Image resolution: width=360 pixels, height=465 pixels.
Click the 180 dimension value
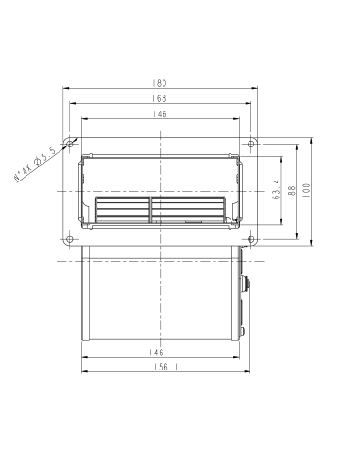[x=160, y=83]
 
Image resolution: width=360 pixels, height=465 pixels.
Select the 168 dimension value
[x=160, y=98]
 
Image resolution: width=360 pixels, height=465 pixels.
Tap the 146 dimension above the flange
[x=160, y=113]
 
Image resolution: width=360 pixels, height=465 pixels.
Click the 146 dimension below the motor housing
[x=157, y=353]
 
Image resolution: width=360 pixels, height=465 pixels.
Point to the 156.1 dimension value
[x=166, y=367]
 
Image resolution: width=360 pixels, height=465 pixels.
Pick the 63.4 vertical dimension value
[x=277, y=190]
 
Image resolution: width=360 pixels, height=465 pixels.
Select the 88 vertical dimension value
[x=292, y=190]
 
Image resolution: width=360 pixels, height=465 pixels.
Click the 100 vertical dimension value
[x=306, y=190]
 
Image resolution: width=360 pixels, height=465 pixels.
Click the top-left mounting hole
[x=70, y=145]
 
